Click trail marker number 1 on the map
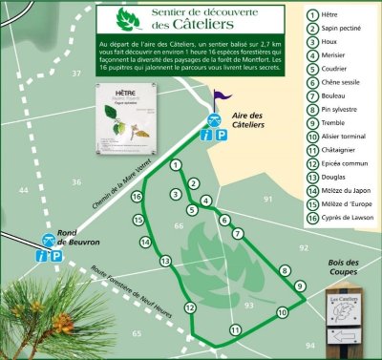point(176,165)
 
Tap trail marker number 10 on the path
point(282,312)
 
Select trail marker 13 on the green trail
point(165,261)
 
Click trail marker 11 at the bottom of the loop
point(235,330)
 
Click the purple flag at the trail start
point(221,96)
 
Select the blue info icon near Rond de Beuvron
point(40,255)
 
